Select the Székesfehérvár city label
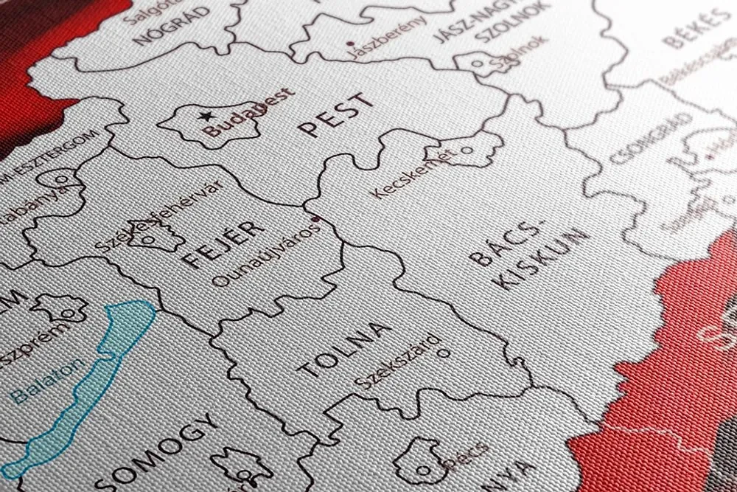pyautogui.click(x=158, y=216)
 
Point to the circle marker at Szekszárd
pyautogui.click(x=444, y=352)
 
